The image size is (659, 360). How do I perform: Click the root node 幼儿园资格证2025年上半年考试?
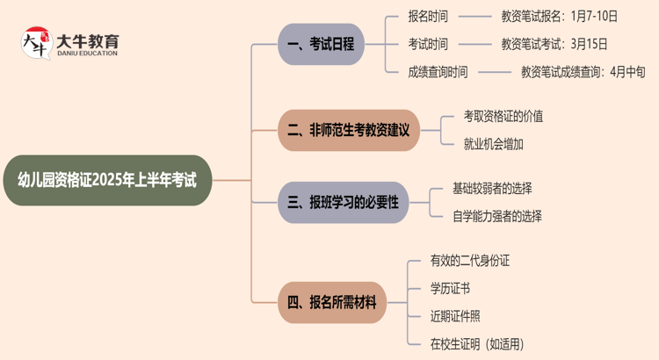click(107, 181)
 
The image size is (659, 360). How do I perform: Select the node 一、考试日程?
click(321, 44)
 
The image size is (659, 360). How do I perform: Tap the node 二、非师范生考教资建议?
click(349, 130)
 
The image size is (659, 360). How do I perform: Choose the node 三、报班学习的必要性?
click(343, 202)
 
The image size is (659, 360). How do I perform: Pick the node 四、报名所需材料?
click(332, 302)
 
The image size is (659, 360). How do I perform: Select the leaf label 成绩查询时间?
click(438, 72)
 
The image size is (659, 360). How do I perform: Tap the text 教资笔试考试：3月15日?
click(554, 44)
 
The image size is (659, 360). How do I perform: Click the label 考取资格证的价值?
click(503, 116)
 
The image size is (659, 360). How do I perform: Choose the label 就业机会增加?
click(493, 144)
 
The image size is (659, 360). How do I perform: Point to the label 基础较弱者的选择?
click(492, 188)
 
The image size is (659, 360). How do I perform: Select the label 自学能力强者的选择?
click(497, 216)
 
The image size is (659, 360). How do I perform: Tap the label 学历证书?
click(450, 288)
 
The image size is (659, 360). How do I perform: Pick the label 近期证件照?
click(455, 316)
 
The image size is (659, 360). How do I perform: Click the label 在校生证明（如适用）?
click(477, 344)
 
